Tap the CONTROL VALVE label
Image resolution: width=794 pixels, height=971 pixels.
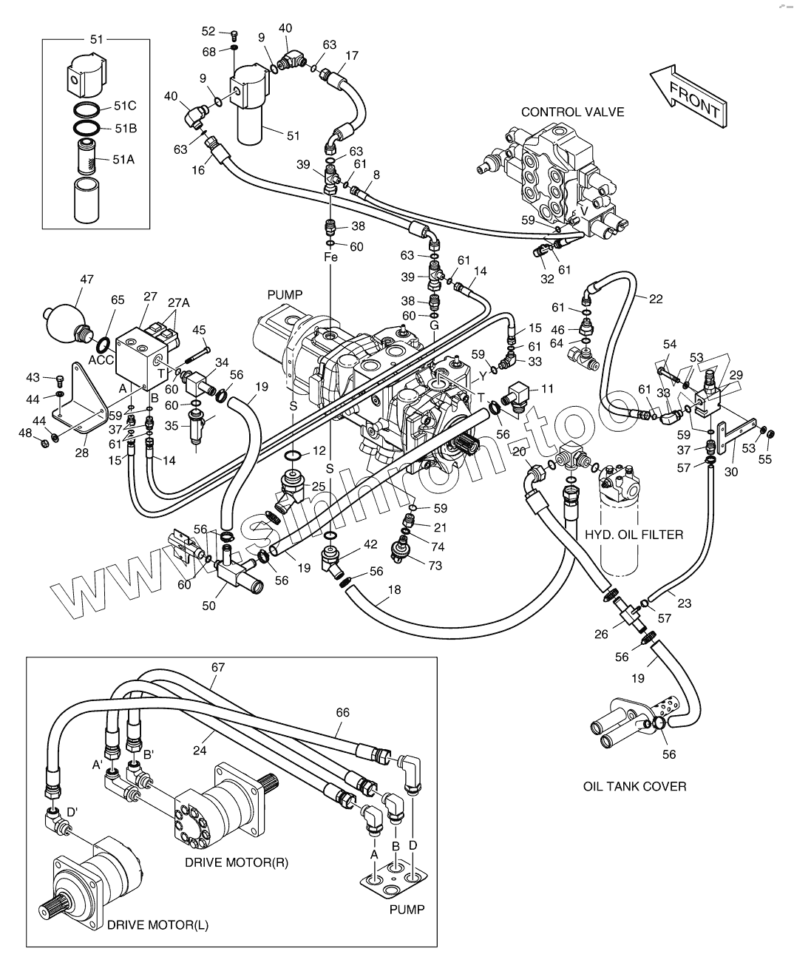tap(572, 112)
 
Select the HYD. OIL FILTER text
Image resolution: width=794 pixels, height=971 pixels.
tap(634, 535)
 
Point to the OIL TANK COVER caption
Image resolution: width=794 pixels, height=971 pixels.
tap(634, 786)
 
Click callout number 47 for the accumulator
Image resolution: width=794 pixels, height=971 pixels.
tap(86, 280)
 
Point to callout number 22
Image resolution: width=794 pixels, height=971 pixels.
tap(656, 299)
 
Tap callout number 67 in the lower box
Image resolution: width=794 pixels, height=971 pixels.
tap(217, 667)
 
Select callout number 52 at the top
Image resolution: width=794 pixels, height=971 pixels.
tap(208, 31)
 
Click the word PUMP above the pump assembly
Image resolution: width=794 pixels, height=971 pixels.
tap(285, 295)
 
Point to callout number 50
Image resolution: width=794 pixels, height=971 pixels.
tap(209, 606)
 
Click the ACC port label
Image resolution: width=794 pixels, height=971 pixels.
tap(101, 359)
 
